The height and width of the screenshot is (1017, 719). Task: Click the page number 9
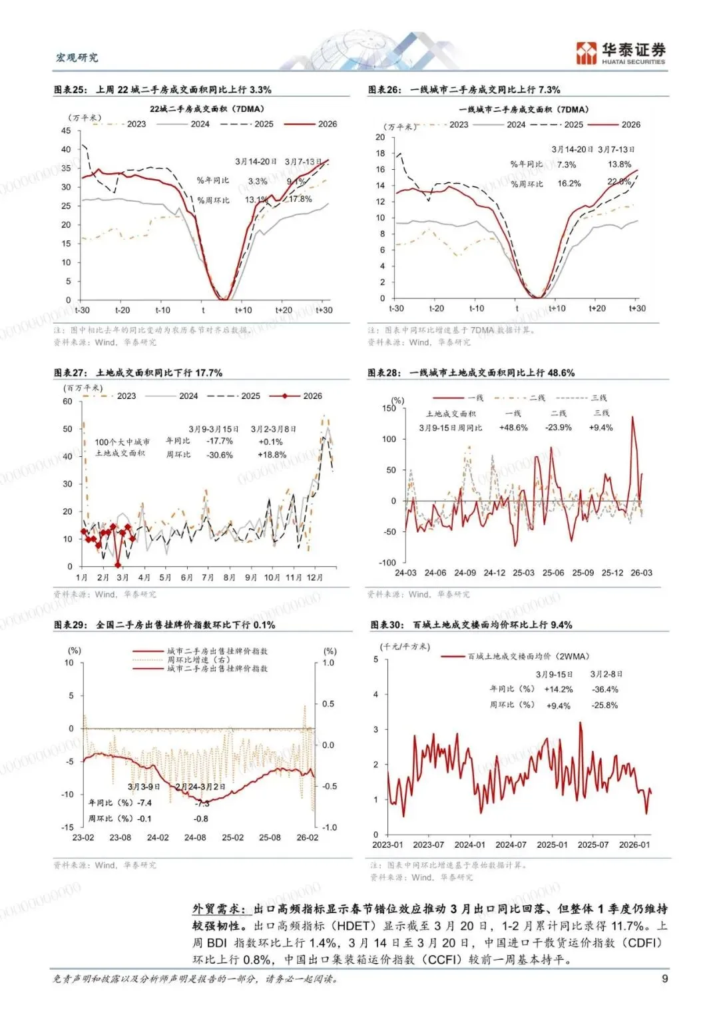point(664,978)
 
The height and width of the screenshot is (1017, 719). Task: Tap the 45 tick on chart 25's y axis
point(66,131)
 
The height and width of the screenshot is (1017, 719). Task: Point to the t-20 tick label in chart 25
point(122,310)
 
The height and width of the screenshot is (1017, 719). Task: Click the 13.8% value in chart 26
point(619,165)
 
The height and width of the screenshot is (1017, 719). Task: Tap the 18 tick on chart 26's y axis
point(380,153)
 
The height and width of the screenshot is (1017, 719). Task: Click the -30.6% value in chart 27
point(220,455)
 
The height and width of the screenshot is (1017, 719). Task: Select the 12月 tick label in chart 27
point(314,577)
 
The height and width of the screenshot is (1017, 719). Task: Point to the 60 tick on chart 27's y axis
point(67,402)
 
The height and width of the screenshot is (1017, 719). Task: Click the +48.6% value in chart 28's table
point(513,428)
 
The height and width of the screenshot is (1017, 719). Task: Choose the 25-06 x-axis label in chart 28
point(553,573)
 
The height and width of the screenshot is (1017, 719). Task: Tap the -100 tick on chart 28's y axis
point(387,563)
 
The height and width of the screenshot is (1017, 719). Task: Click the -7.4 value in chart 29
point(144,803)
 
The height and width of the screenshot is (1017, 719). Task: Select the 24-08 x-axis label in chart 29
point(195,838)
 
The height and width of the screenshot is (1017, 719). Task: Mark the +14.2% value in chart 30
point(558,689)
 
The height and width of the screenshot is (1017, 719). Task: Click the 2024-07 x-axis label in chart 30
point(511,845)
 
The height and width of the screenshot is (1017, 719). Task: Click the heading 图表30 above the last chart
point(387,625)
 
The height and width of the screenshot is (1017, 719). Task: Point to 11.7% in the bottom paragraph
point(627,926)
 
